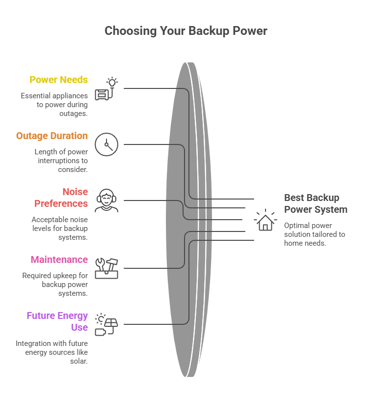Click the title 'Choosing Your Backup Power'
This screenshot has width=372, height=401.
186,31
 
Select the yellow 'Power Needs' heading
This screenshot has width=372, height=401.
58,80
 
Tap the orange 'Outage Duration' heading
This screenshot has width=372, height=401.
52,136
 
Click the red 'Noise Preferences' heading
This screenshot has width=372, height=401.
61,198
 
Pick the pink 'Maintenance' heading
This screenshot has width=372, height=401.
59,259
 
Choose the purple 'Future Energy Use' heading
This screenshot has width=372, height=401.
57,321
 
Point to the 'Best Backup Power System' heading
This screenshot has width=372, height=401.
316,203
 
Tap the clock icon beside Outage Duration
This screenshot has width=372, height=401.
106,144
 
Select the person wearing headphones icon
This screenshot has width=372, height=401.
106,200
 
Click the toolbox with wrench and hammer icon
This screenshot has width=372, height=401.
106,268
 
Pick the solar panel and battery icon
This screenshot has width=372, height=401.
106,324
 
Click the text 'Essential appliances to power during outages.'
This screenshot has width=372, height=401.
54,104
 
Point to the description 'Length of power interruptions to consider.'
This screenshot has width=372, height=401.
60,161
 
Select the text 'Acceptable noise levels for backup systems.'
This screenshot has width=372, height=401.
59,229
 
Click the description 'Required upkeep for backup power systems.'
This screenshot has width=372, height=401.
55,285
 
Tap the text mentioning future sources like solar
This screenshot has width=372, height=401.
52,352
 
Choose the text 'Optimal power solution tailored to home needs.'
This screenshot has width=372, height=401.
314,234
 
